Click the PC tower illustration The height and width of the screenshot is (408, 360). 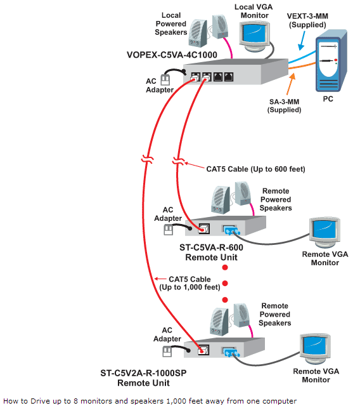[x=331, y=61]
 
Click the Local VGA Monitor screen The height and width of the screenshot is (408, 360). [x=254, y=33]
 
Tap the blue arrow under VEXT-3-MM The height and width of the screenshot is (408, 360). [x=303, y=41]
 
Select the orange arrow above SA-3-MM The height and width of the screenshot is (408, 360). [x=291, y=84]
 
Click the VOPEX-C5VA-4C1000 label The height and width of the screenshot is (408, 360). [x=172, y=55]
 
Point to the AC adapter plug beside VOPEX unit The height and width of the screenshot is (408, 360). [x=165, y=80]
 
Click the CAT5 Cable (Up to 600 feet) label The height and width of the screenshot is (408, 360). [x=255, y=169]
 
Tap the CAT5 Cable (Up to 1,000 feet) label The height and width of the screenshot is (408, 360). [x=190, y=283]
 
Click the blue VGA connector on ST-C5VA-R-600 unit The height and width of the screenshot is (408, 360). [x=231, y=230]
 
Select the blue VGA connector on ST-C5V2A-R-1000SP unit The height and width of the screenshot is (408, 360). [x=230, y=352]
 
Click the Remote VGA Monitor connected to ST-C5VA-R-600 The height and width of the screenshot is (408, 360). [x=325, y=232]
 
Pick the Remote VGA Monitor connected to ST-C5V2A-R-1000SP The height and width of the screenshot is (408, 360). [x=315, y=349]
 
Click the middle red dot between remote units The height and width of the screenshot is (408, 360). [x=225, y=284]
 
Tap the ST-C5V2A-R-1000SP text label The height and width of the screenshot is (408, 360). [x=143, y=373]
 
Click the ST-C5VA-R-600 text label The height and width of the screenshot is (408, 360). [x=211, y=247]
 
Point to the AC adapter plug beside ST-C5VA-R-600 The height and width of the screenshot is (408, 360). [x=168, y=230]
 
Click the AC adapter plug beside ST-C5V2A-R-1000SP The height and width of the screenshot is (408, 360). [x=167, y=352]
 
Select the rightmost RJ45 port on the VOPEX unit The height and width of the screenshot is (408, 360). [x=229, y=77]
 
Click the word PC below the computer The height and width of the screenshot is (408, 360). [x=328, y=99]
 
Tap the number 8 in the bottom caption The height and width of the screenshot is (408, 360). [x=75, y=401]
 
